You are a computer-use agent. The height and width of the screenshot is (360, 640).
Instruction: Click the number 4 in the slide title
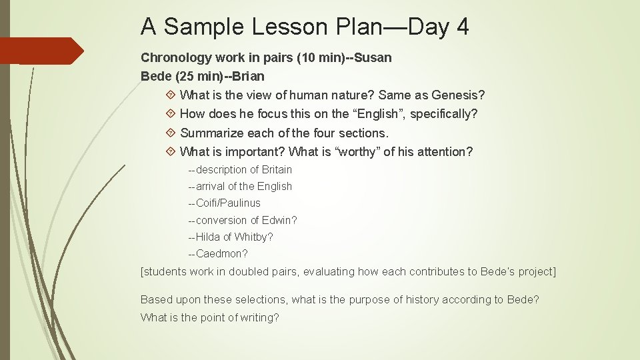[x=462, y=27]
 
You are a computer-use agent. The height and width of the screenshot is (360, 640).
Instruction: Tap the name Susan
[x=373, y=57]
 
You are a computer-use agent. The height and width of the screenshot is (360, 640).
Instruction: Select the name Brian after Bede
[x=248, y=76]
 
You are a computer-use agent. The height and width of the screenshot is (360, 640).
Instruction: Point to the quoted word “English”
[x=377, y=114]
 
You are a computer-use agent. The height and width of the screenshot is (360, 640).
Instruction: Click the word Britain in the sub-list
[x=277, y=169]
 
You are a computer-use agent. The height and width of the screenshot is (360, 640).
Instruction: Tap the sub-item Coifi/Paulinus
[x=227, y=203]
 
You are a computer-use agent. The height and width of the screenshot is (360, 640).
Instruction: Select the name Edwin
[x=280, y=220]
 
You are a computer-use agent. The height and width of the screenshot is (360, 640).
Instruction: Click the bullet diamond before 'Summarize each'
[x=171, y=133]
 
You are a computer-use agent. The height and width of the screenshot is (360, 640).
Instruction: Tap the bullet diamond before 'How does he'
[x=171, y=114]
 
